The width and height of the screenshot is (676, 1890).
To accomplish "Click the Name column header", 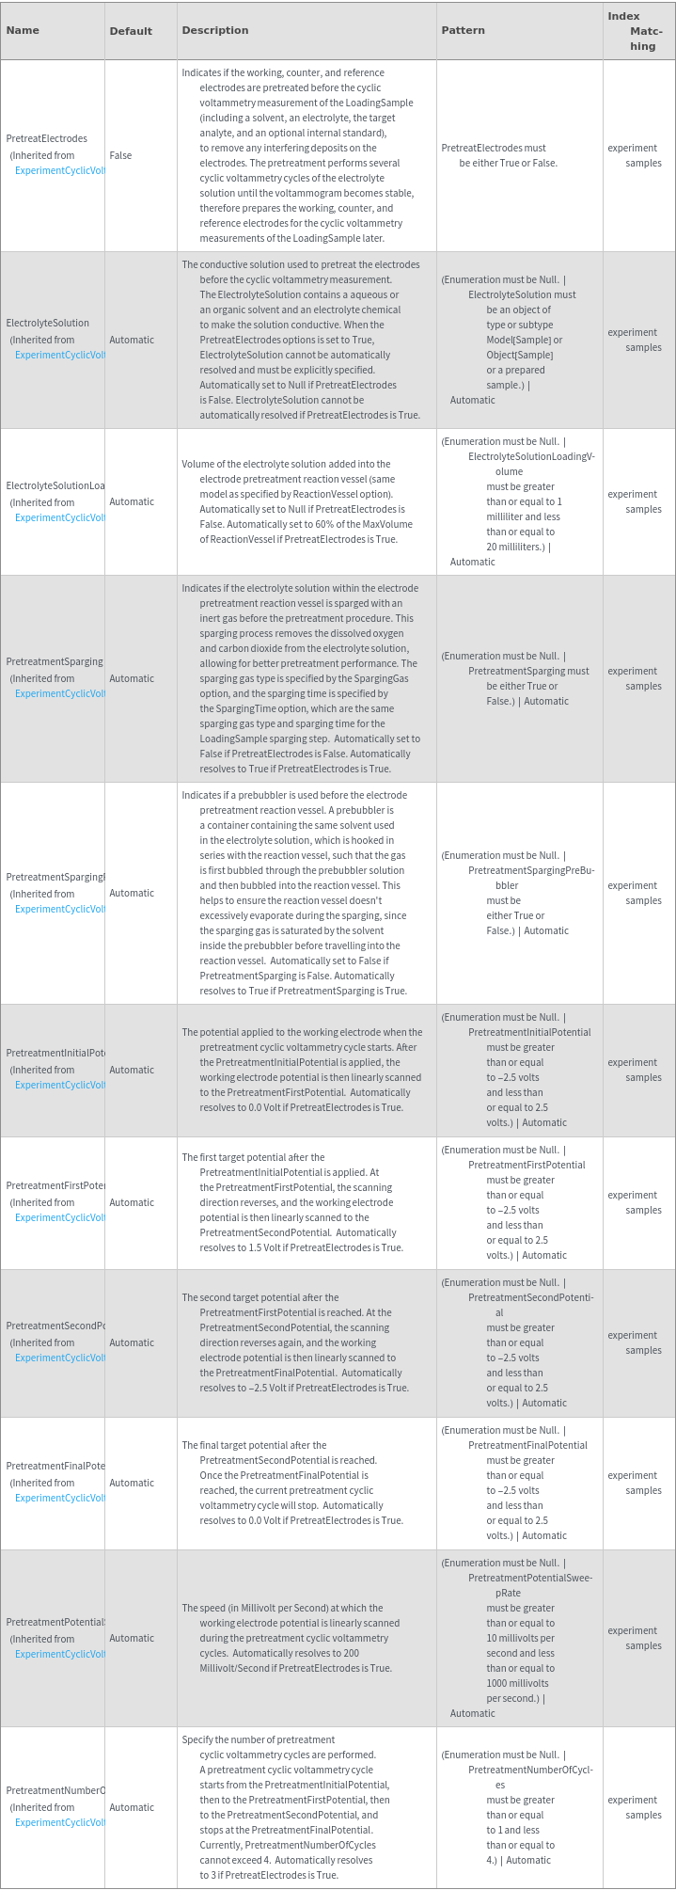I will pos(23,30).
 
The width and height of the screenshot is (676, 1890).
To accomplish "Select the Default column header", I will pos(131,31).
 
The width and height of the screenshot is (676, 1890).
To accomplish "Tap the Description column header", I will pos(215,30).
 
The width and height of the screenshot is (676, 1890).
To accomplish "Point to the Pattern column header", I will pos(463,30).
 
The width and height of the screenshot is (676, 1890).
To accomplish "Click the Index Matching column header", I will pos(638,31).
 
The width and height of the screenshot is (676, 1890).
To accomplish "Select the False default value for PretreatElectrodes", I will pos(120,155).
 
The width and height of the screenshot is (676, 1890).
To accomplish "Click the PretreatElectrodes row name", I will pos(46,138).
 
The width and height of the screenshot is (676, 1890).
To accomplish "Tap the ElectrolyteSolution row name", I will pos(47,323).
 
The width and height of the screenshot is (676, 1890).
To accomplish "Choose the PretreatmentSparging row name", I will pos(55,661).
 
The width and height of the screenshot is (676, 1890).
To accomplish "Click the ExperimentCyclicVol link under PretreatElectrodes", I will pos(59,170).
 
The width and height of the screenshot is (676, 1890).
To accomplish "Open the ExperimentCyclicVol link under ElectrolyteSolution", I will pos(59,355).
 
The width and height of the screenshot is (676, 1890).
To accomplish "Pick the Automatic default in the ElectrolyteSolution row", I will pos(132,340).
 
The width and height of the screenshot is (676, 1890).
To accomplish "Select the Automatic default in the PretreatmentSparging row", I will pos(132,678).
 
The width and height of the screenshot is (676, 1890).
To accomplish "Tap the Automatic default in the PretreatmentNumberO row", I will pos(132,1807).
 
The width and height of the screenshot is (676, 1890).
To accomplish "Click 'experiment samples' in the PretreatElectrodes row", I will pos(635,155).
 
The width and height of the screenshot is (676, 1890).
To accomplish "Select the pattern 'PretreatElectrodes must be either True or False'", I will pos(498,155).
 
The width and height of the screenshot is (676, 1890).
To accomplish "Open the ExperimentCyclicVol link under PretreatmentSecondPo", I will pos(59,1358).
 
